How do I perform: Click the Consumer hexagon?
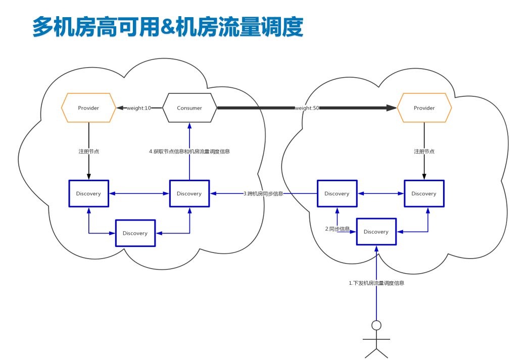point(189,108)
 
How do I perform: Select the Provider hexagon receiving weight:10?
point(88,108)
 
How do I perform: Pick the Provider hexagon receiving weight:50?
point(424,108)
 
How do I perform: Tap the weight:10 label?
point(139,108)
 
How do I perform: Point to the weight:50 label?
point(307,108)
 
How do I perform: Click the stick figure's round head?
point(376,325)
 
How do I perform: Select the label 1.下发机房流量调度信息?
point(376,283)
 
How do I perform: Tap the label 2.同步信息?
point(338,229)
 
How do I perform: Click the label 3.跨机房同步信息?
point(263,193)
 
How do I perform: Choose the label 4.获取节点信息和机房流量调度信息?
point(189,151)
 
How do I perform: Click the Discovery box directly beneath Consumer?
point(189,193)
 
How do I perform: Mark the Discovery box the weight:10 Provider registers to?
point(88,193)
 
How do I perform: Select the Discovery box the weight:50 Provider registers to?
point(424,193)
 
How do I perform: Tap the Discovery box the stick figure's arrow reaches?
point(376,232)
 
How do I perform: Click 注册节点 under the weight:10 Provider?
point(88,151)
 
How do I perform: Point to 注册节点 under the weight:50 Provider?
point(424,151)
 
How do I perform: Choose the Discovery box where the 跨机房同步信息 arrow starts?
point(337,193)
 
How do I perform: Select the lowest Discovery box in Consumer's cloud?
point(135,233)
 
